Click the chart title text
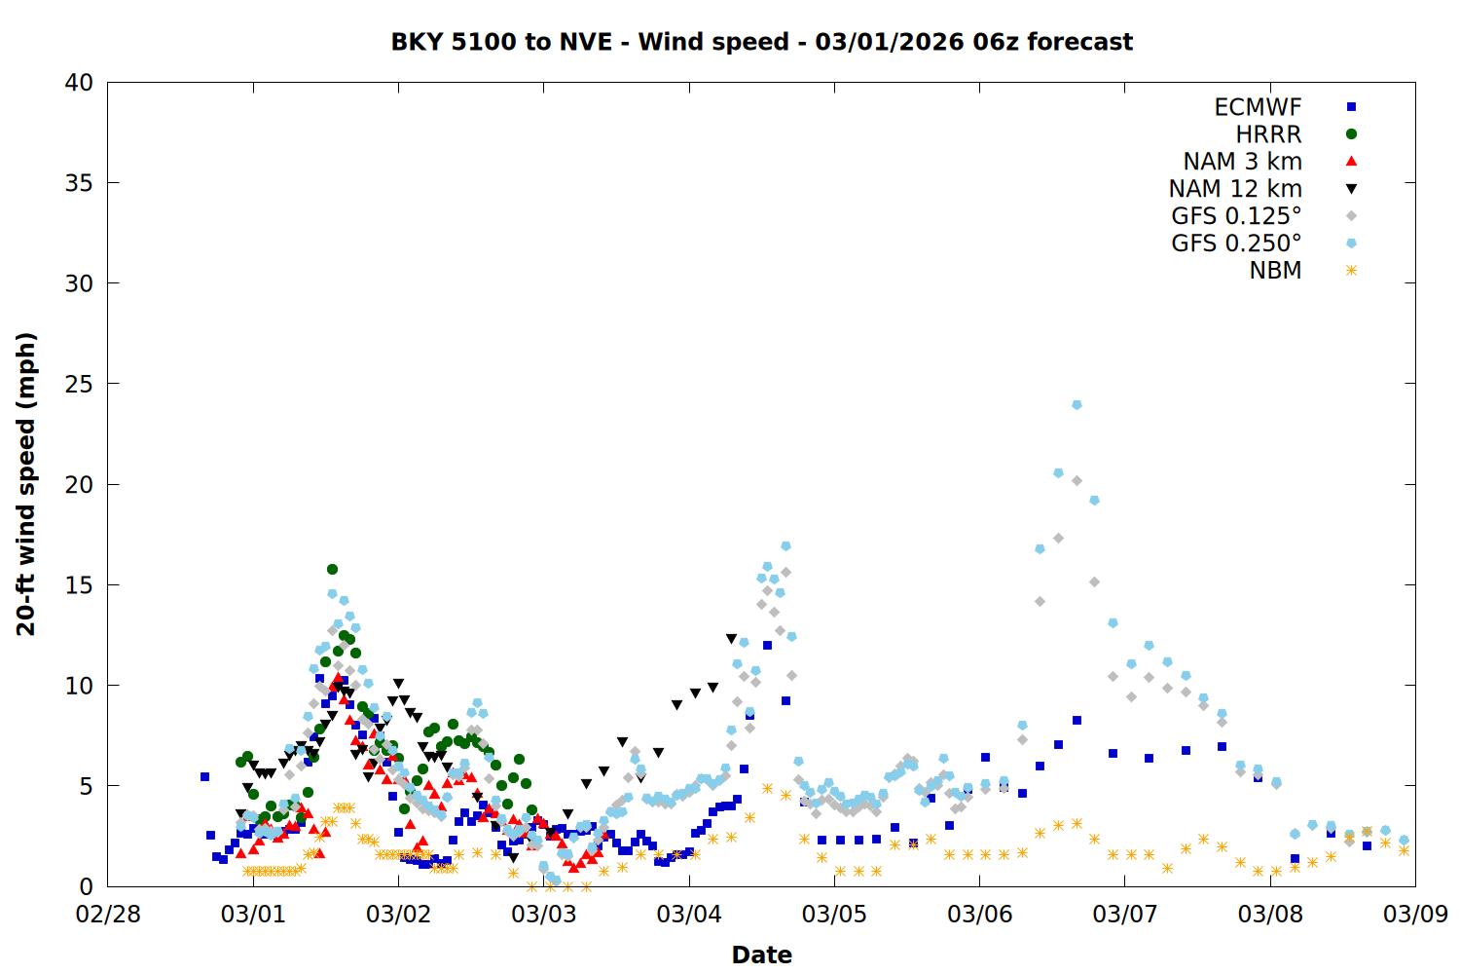(761, 42)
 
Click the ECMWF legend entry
(1258, 107)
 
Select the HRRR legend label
(1268, 134)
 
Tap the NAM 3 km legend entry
(1242, 162)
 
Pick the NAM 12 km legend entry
(1235, 189)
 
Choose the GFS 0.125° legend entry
(1236, 216)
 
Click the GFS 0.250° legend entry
(1236, 243)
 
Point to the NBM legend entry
(1275, 271)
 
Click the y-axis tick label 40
(79, 83)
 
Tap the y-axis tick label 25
(79, 384)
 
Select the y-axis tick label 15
(79, 585)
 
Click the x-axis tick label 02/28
(108, 915)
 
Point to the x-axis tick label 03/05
(834, 915)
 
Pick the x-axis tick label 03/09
(1415, 915)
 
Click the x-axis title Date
(761, 955)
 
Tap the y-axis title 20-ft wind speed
(26, 484)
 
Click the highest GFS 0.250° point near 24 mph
(1077, 404)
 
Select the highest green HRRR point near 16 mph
(332, 569)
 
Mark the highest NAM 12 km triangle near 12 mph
(731, 639)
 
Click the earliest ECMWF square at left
(204, 776)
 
